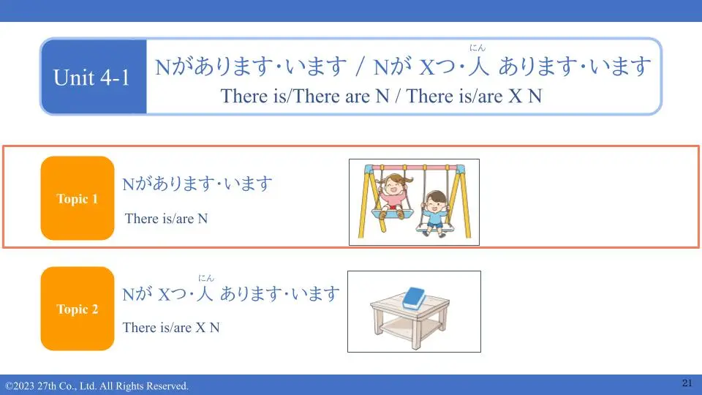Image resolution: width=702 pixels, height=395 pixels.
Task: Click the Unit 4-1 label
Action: coord(91,78)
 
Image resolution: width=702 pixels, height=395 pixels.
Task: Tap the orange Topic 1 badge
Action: coord(78,198)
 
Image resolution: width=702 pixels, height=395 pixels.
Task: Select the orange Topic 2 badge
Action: coord(78,309)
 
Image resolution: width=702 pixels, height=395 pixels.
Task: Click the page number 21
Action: coord(687,383)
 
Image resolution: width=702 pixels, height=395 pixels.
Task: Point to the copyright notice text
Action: coord(97,386)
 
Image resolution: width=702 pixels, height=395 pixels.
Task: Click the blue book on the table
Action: coord(414,298)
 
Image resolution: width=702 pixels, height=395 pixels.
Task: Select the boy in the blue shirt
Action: coord(434,213)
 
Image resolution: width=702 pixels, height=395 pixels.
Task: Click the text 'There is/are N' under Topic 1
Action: coord(166,219)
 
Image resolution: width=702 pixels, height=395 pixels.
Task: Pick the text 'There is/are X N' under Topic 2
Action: coord(171,328)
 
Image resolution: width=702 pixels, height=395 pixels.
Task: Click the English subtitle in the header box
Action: coord(381,97)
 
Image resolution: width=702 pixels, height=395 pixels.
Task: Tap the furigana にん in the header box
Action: coord(478,48)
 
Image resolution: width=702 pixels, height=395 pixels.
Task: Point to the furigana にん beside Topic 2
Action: coord(206,278)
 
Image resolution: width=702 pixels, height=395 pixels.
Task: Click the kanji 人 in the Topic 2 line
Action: coord(204,294)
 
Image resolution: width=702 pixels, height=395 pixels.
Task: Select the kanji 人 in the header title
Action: coord(478,66)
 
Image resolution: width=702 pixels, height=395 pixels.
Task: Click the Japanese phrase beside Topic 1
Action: coord(197,184)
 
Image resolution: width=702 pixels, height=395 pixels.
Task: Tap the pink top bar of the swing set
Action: coord(414,168)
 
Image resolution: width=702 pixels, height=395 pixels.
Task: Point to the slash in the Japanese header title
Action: coord(360,67)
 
